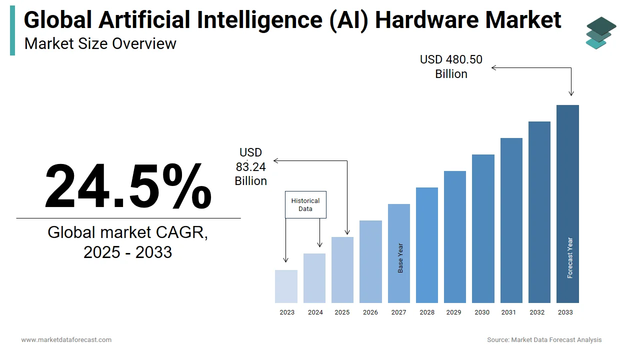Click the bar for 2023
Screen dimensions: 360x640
[x=286, y=286]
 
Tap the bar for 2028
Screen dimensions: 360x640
[x=427, y=245]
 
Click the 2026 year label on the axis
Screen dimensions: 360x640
[x=370, y=312]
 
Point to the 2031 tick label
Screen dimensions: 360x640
[x=508, y=312]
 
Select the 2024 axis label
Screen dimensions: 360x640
[x=315, y=312]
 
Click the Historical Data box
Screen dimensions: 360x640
[x=305, y=204]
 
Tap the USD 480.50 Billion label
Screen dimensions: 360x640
[x=451, y=66]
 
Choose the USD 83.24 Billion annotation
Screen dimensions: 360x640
[x=251, y=166]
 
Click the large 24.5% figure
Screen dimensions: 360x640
[x=128, y=186]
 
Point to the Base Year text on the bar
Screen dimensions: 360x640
[x=400, y=258]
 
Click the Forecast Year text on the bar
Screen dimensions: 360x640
[x=569, y=258]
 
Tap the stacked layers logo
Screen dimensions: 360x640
[x=601, y=32]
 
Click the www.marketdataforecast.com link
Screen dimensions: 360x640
[x=66, y=340]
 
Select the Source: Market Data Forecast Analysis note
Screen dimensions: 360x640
[x=544, y=340]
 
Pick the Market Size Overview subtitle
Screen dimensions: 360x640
[x=100, y=44]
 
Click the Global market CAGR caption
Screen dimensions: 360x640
[x=128, y=241]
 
